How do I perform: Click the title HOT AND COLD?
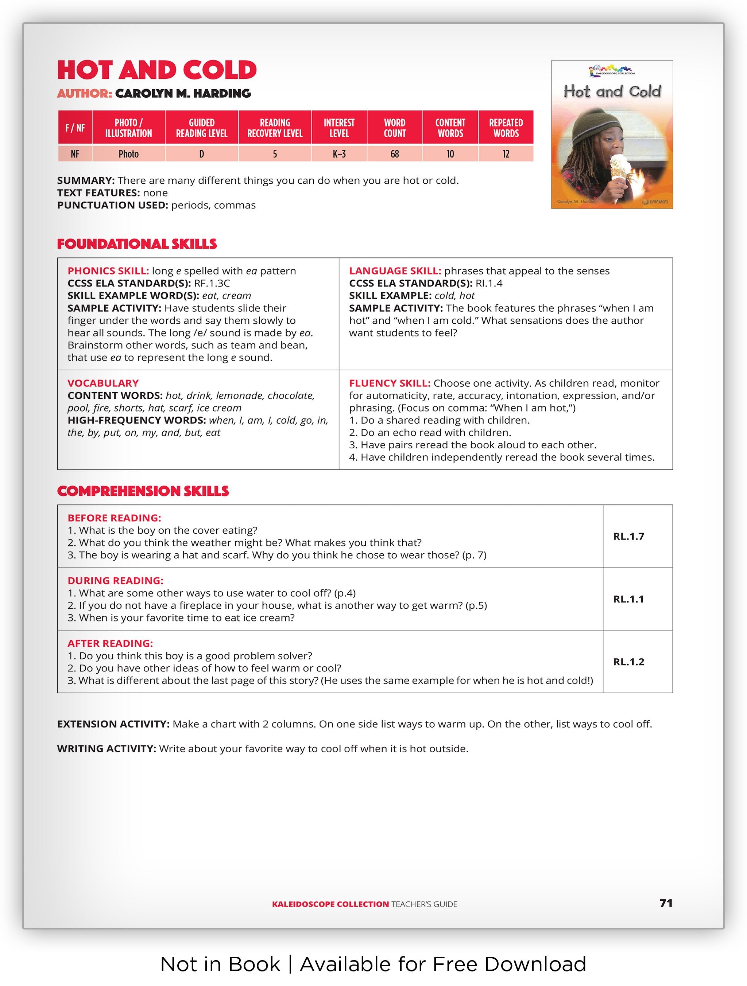[x=156, y=70]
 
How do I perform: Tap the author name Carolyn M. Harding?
[x=183, y=94]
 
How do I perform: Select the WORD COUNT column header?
[x=394, y=128]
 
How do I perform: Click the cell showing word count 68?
[x=394, y=154]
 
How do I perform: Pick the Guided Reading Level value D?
[x=202, y=154]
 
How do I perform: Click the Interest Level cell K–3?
[x=339, y=154]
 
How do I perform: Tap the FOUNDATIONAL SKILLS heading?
[x=137, y=244]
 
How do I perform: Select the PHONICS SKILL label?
[x=108, y=271]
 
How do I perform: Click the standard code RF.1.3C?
[x=212, y=284]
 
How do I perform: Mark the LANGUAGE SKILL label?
[x=395, y=271]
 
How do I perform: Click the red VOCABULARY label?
[x=103, y=383]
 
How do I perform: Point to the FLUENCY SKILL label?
[x=389, y=383]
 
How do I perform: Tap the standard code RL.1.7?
[x=628, y=536]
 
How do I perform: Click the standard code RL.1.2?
[x=628, y=662]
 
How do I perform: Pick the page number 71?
[x=665, y=903]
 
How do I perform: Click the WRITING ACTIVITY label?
[x=106, y=749]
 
